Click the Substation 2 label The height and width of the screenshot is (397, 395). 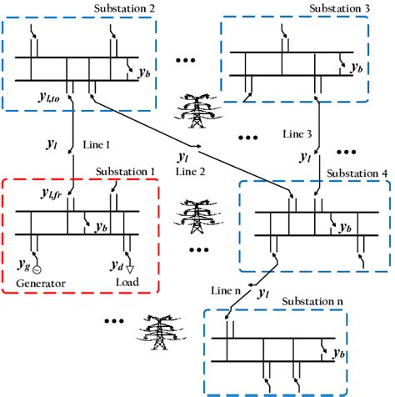(x=114, y=9)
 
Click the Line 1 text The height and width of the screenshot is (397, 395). (x=97, y=144)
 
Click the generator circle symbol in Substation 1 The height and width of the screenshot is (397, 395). (x=36, y=269)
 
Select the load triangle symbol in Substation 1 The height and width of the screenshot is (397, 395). (x=127, y=269)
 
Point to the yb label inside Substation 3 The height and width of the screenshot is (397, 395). (x=357, y=67)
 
